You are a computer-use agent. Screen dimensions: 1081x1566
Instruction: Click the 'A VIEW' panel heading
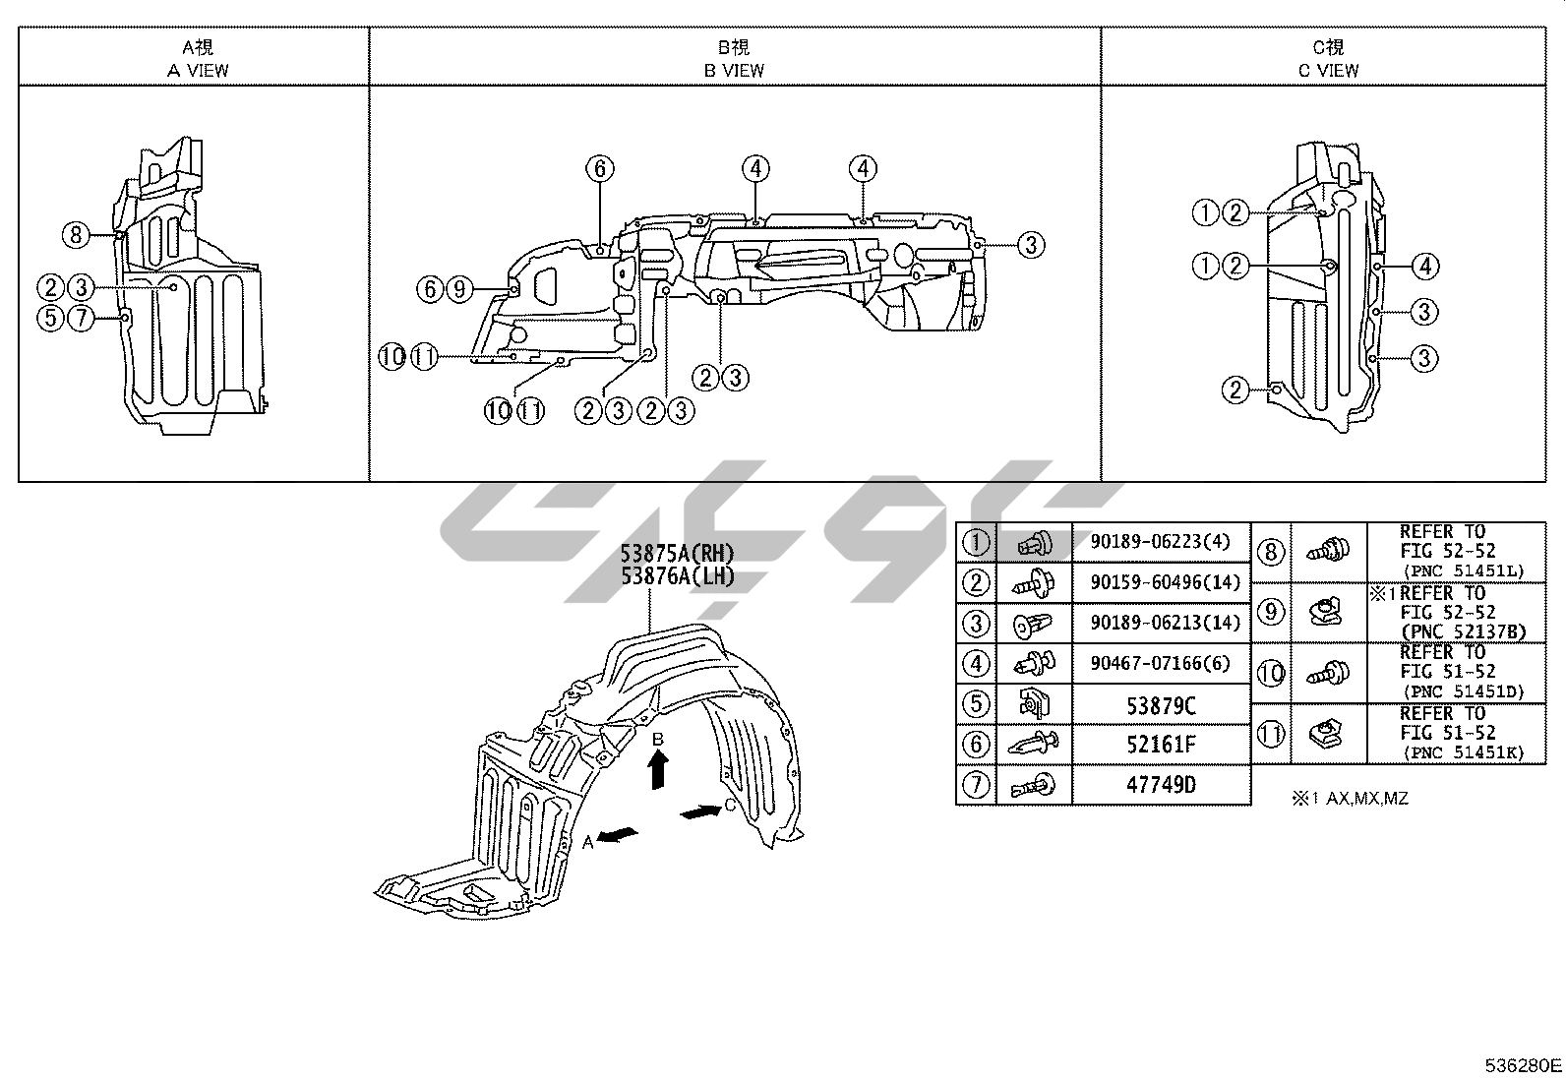click(198, 69)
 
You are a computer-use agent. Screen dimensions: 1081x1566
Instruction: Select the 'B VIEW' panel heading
click(734, 69)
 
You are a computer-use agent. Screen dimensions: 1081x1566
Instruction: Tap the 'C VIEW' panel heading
click(1328, 69)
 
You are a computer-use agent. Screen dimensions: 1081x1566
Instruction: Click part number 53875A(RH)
click(678, 554)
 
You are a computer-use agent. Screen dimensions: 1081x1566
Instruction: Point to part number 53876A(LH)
click(678, 576)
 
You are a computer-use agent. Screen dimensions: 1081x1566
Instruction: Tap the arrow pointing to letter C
click(700, 811)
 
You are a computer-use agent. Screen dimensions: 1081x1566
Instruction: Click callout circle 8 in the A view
click(75, 235)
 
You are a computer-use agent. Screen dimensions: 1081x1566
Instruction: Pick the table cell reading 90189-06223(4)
click(1160, 542)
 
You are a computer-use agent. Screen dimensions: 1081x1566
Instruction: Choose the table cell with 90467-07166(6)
click(1160, 664)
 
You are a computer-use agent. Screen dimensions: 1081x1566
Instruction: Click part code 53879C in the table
click(1161, 705)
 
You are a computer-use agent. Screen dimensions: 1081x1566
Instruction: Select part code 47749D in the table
click(1161, 785)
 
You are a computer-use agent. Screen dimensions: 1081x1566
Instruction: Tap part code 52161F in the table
click(1161, 745)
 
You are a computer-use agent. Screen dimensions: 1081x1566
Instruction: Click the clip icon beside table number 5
click(1033, 704)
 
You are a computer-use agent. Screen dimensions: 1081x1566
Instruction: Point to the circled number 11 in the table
click(1271, 734)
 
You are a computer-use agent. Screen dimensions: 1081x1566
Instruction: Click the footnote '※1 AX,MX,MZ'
click(1350, 799)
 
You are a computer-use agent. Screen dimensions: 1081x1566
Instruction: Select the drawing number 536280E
click(1523, 1065)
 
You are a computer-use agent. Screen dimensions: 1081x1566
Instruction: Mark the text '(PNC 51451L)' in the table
click(1465, 571)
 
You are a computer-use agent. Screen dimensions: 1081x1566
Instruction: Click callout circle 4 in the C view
click(1424, 266)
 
